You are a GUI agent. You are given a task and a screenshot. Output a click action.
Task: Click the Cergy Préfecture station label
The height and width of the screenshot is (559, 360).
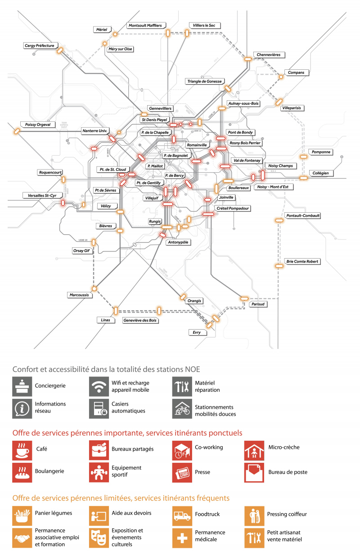(x=39, y=46)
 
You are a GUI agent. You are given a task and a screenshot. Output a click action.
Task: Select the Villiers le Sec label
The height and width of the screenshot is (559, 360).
(x=205, y=26)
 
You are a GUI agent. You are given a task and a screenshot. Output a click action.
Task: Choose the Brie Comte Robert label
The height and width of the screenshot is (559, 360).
(x=302, y=261)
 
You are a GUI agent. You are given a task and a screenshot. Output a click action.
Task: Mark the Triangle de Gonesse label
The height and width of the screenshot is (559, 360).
(x=204, y=81)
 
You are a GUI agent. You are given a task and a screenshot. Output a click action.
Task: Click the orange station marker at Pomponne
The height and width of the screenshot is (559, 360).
(x=304, y=157)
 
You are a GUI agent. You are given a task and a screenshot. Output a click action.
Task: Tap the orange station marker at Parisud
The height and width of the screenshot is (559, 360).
(x=244, y=298)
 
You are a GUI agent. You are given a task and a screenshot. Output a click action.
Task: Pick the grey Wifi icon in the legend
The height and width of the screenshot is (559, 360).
(x=99, y=386)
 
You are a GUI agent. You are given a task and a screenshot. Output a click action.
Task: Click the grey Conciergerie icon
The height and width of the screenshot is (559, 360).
(x=22, y=386)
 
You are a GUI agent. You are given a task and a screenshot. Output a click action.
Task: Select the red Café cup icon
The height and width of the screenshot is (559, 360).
(x=22, y=450)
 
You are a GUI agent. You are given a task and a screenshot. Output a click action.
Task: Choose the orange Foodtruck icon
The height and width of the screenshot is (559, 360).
(x=182, y=516)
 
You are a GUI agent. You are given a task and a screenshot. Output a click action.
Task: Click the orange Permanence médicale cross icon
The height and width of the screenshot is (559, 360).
(x=182, y=538)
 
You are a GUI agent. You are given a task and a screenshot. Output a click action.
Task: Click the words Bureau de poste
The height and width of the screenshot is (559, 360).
(x=288, y=472)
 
